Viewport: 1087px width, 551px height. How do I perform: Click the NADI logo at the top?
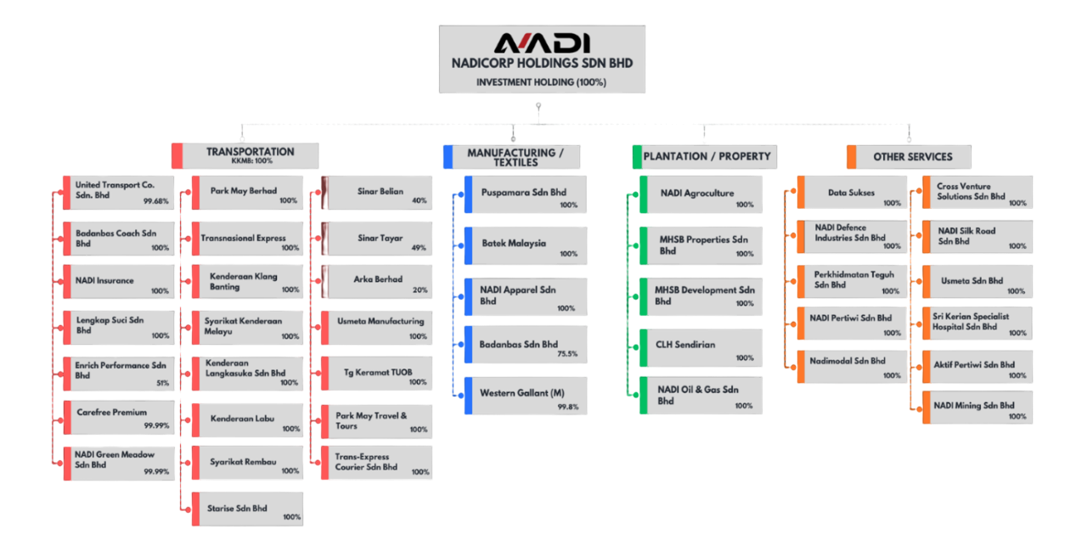pyautogui.click(x=542, y=43)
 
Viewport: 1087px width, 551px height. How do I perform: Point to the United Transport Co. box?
pyautogui.click(x=121, y=193)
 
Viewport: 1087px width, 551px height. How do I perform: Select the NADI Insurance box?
pyautogui.click(x=121, y=281)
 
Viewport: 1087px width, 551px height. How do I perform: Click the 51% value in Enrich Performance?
pyautogui.click(x=162, y=383)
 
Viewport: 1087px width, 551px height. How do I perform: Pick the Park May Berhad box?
pyautogui.click(x=246, y=193)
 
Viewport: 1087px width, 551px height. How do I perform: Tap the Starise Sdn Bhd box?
pyautogui.click(x=246, y=509)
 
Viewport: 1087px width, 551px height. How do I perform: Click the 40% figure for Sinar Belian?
pyautogui.click(x=419, y=201)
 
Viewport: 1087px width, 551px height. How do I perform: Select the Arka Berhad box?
pyautogui.click(x=378, y=281)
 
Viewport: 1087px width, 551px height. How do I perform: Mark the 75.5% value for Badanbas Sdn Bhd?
pyautogui.click(x=566, y=354)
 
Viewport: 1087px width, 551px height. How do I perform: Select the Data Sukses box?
pyautogui.click(x=853, y=194)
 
